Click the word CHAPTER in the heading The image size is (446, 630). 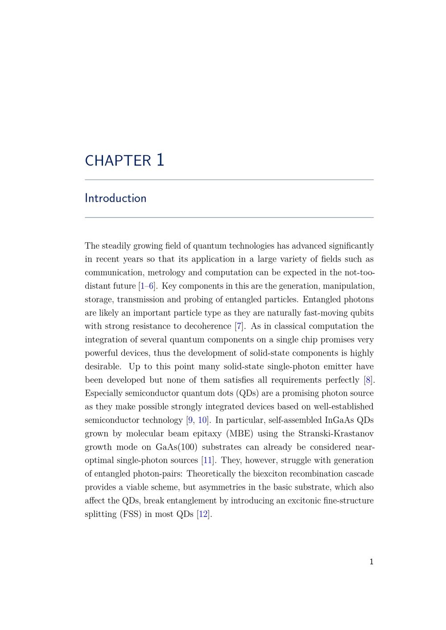point(118,161)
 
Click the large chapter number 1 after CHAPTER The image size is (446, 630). point(160,160)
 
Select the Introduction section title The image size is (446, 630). point(116,198)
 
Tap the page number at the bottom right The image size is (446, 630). point(372,562)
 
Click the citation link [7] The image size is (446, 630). point(240,326)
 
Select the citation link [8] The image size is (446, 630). point(368,380)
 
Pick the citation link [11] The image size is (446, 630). point(207,460)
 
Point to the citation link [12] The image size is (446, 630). point(203,514)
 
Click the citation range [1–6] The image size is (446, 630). point(147,286)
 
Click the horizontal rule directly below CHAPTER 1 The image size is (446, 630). point(229,180)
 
